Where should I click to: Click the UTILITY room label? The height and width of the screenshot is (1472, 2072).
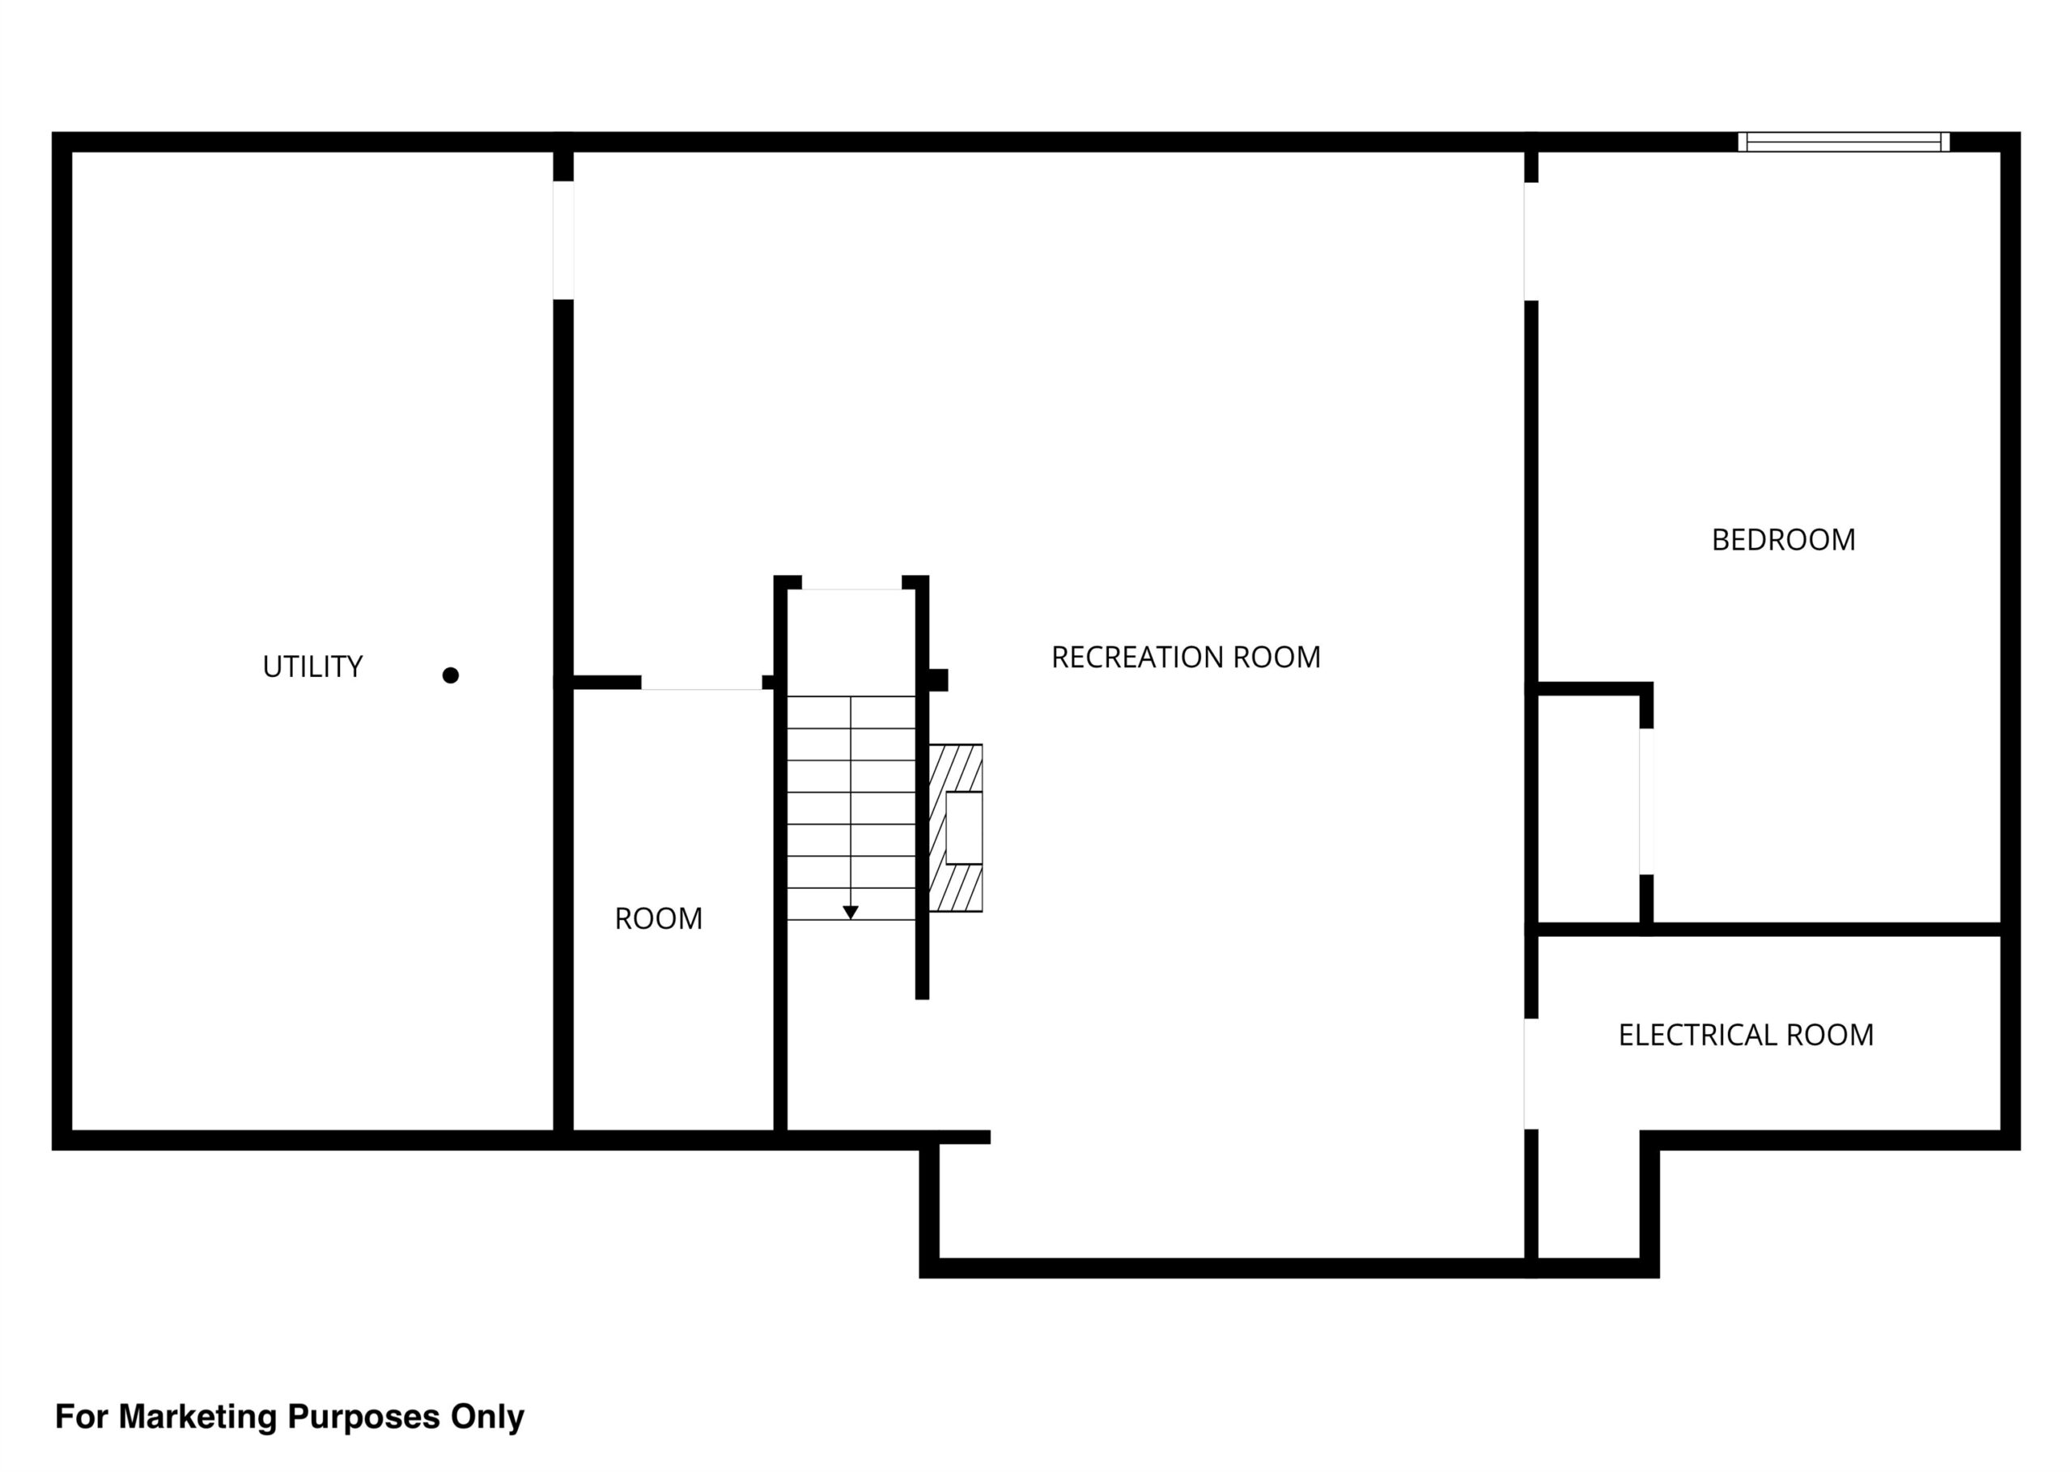pyautogui.click(x=312, y=667)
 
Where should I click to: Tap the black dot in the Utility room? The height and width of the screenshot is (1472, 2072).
pyautogui.click(x=450, y=675)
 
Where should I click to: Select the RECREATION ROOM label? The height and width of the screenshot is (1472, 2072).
pyautogui.click(x=1186, y=657)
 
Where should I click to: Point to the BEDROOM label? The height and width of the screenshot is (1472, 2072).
pyautogui.click(x=1783, y=540)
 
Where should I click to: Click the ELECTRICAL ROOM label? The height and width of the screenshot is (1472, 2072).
pyautogui.click(x=1746, y=1035)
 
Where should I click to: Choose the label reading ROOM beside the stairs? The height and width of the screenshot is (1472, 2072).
pyautogui.click(x=659, y=919)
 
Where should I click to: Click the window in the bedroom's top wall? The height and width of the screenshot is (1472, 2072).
pyautogui.click(x=1844, y=143)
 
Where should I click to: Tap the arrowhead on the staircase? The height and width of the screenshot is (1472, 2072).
pyautogui.click(x=851, y=913)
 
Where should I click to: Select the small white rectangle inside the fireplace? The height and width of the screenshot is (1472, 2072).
pyautogui.click(x=964, y=827)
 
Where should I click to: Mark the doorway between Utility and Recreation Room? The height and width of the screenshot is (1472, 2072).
pyautogui.click(x=563, y=240)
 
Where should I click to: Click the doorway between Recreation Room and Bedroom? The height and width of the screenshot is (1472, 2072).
pyautogui.click(x=1531, y=242)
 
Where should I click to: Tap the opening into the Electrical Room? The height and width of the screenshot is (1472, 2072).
pyautogui.click(x=1531, y=1074)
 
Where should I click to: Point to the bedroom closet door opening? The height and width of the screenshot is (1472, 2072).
pyautogui.click(x=1646, y=802)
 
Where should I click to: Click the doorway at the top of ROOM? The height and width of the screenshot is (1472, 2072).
pyautogui.click(x=703, y=683)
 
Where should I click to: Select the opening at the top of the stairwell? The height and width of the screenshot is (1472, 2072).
pyautogui.click(x=851, y=583)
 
